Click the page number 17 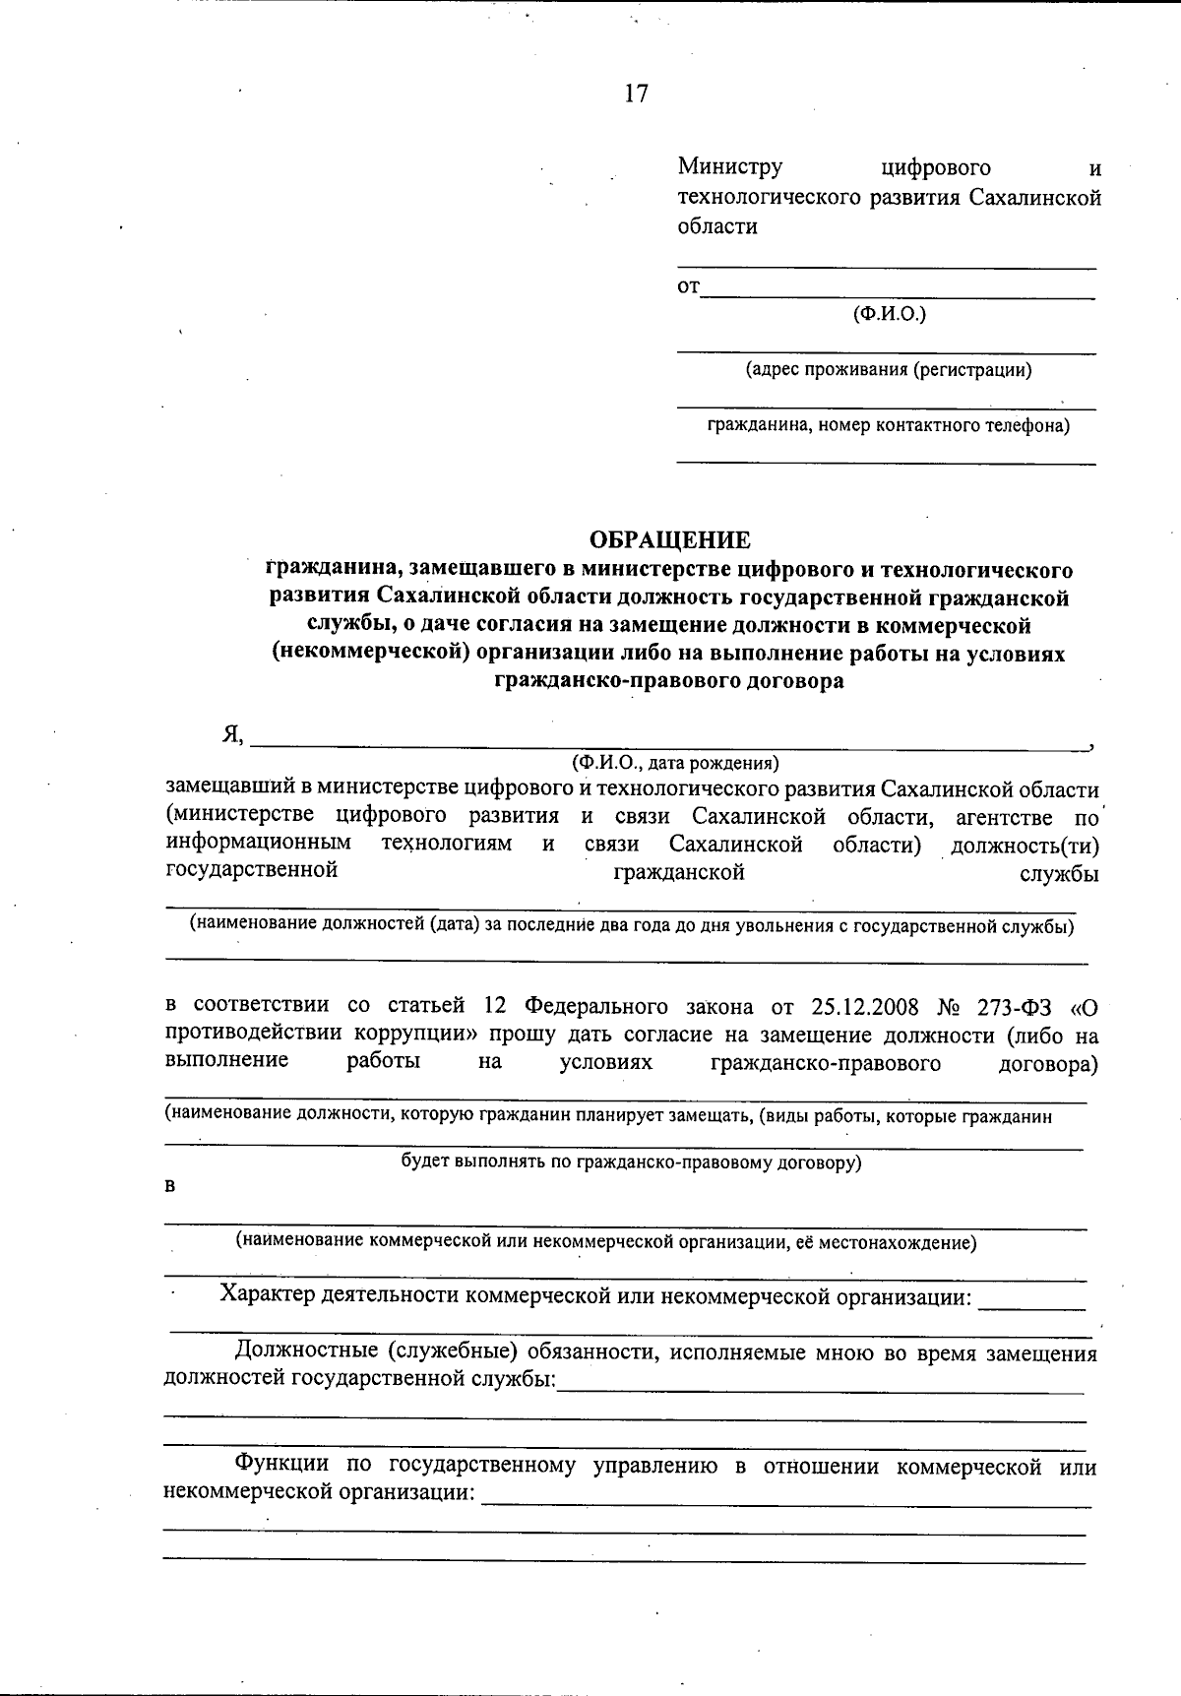pos(636,94)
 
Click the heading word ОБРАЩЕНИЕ pos(669,539)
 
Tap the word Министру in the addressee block pos(729,168)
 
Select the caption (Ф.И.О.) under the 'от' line pos(889,314)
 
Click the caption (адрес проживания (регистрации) pos(889,370)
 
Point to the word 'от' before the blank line pos(688,287)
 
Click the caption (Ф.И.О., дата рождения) pos(675,762)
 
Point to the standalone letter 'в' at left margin pos(169,1187)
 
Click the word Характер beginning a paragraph pos(267,1294)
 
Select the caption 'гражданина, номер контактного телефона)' pos(889,426)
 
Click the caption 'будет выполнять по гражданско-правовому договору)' pos(631,1162)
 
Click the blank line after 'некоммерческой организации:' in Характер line pos(1031,1306)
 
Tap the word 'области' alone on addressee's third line pos(717,225)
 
